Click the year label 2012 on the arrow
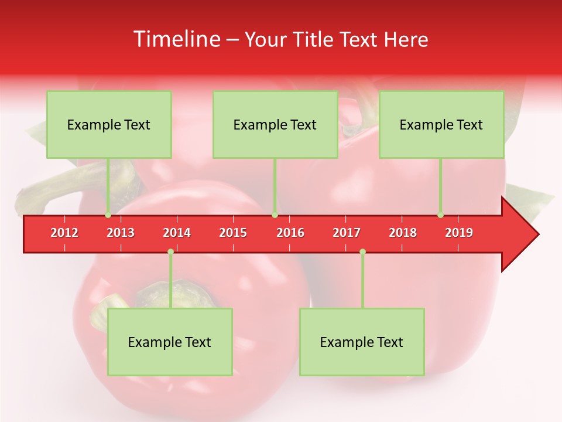(x=64, y=233)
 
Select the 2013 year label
(x=121, y=233)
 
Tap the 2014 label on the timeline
(x=177, y=233)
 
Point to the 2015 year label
(x=233, y=233)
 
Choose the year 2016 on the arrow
(x=290, y=233)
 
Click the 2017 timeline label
(x=347, y=233)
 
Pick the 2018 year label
(x=403, y=233)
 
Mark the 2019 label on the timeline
(x=459, y=233)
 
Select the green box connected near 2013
(x=109, y=124)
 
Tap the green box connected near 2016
(x=275, y=124)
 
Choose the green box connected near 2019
(x=441, y=124)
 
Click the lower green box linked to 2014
(x=170, y=342)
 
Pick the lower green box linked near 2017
(x=362, y=342)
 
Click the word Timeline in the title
(x=176, y=39)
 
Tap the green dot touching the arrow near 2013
(x=108, y=215)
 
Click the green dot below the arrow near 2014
(x=170, y=252)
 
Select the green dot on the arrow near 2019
(x=440, y=215)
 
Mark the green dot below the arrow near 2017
(x=362, y=252)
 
